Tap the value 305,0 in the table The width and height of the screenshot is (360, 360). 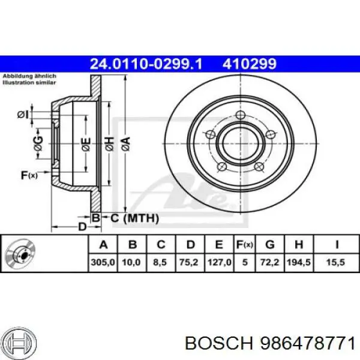pos(103,262)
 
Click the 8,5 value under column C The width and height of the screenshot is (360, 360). pos(160,262)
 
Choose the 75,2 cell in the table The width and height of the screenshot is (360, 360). pos(190,262)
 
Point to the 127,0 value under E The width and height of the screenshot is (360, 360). pos(218,262)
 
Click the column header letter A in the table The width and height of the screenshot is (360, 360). pos(103,244)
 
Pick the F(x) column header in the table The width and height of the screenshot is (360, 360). pos(244,244)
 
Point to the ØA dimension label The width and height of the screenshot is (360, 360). pos(125,142)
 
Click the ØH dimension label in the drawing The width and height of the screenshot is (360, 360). pos(109,142)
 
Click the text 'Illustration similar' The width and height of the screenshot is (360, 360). pos(29,83)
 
